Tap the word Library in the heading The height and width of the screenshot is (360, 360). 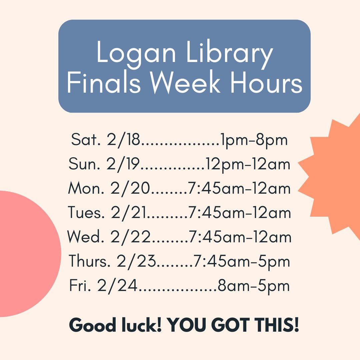click(230, 54)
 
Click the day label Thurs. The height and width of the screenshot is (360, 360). click(89, 262)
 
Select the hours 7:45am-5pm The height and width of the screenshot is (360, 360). click(242, 262)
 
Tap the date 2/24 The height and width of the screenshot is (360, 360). click(117, 286)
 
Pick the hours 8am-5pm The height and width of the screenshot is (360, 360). click(253, 286)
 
